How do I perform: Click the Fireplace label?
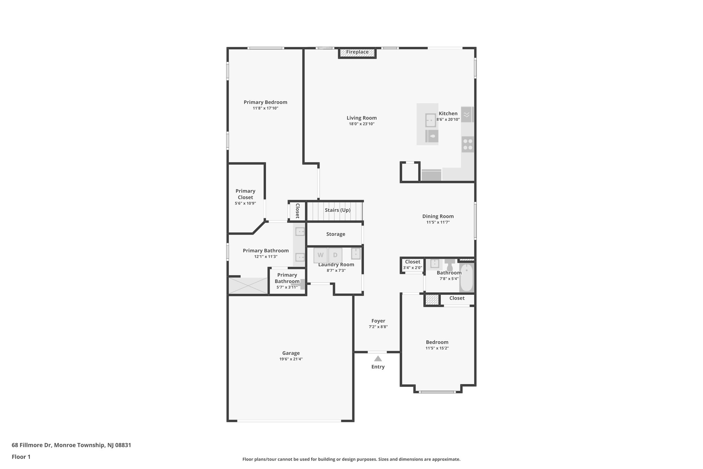357,52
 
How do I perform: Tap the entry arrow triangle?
378,359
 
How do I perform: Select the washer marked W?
320,255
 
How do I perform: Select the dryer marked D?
335,255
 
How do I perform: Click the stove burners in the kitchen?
467,144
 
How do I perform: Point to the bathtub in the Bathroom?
466,278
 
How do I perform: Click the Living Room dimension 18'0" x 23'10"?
361,124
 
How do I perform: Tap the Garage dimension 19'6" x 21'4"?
291,359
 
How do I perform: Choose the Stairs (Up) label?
337,210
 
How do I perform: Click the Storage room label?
335,234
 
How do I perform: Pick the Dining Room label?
438,216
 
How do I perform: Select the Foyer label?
378,321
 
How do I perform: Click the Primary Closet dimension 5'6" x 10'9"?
245,203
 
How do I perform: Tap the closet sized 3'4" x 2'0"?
412,265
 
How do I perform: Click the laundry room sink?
356,254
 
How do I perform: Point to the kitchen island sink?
430,120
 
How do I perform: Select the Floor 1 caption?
21,457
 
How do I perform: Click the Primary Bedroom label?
265,102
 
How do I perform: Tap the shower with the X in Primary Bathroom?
248,286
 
